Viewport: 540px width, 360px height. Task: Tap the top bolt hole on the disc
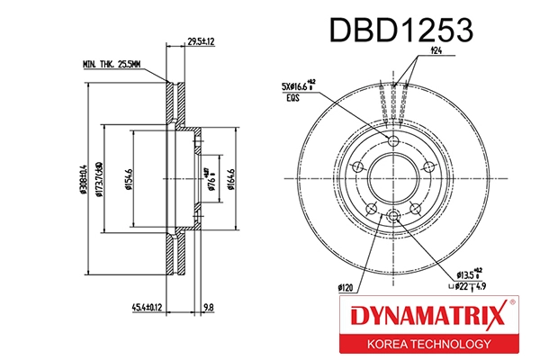tap(394, 146)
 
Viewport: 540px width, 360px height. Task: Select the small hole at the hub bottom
tap(394, 212)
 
